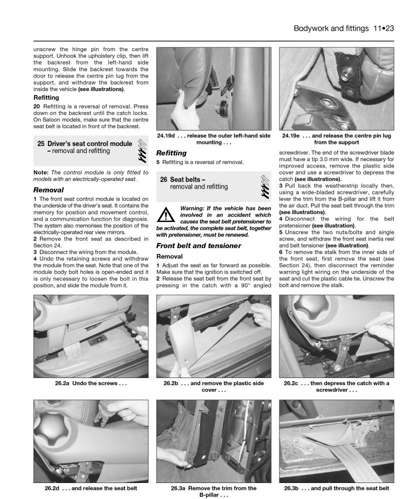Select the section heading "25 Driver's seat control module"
click(84, 143)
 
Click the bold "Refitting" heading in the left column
click(46, 98)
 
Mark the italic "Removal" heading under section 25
click(48, 190)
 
